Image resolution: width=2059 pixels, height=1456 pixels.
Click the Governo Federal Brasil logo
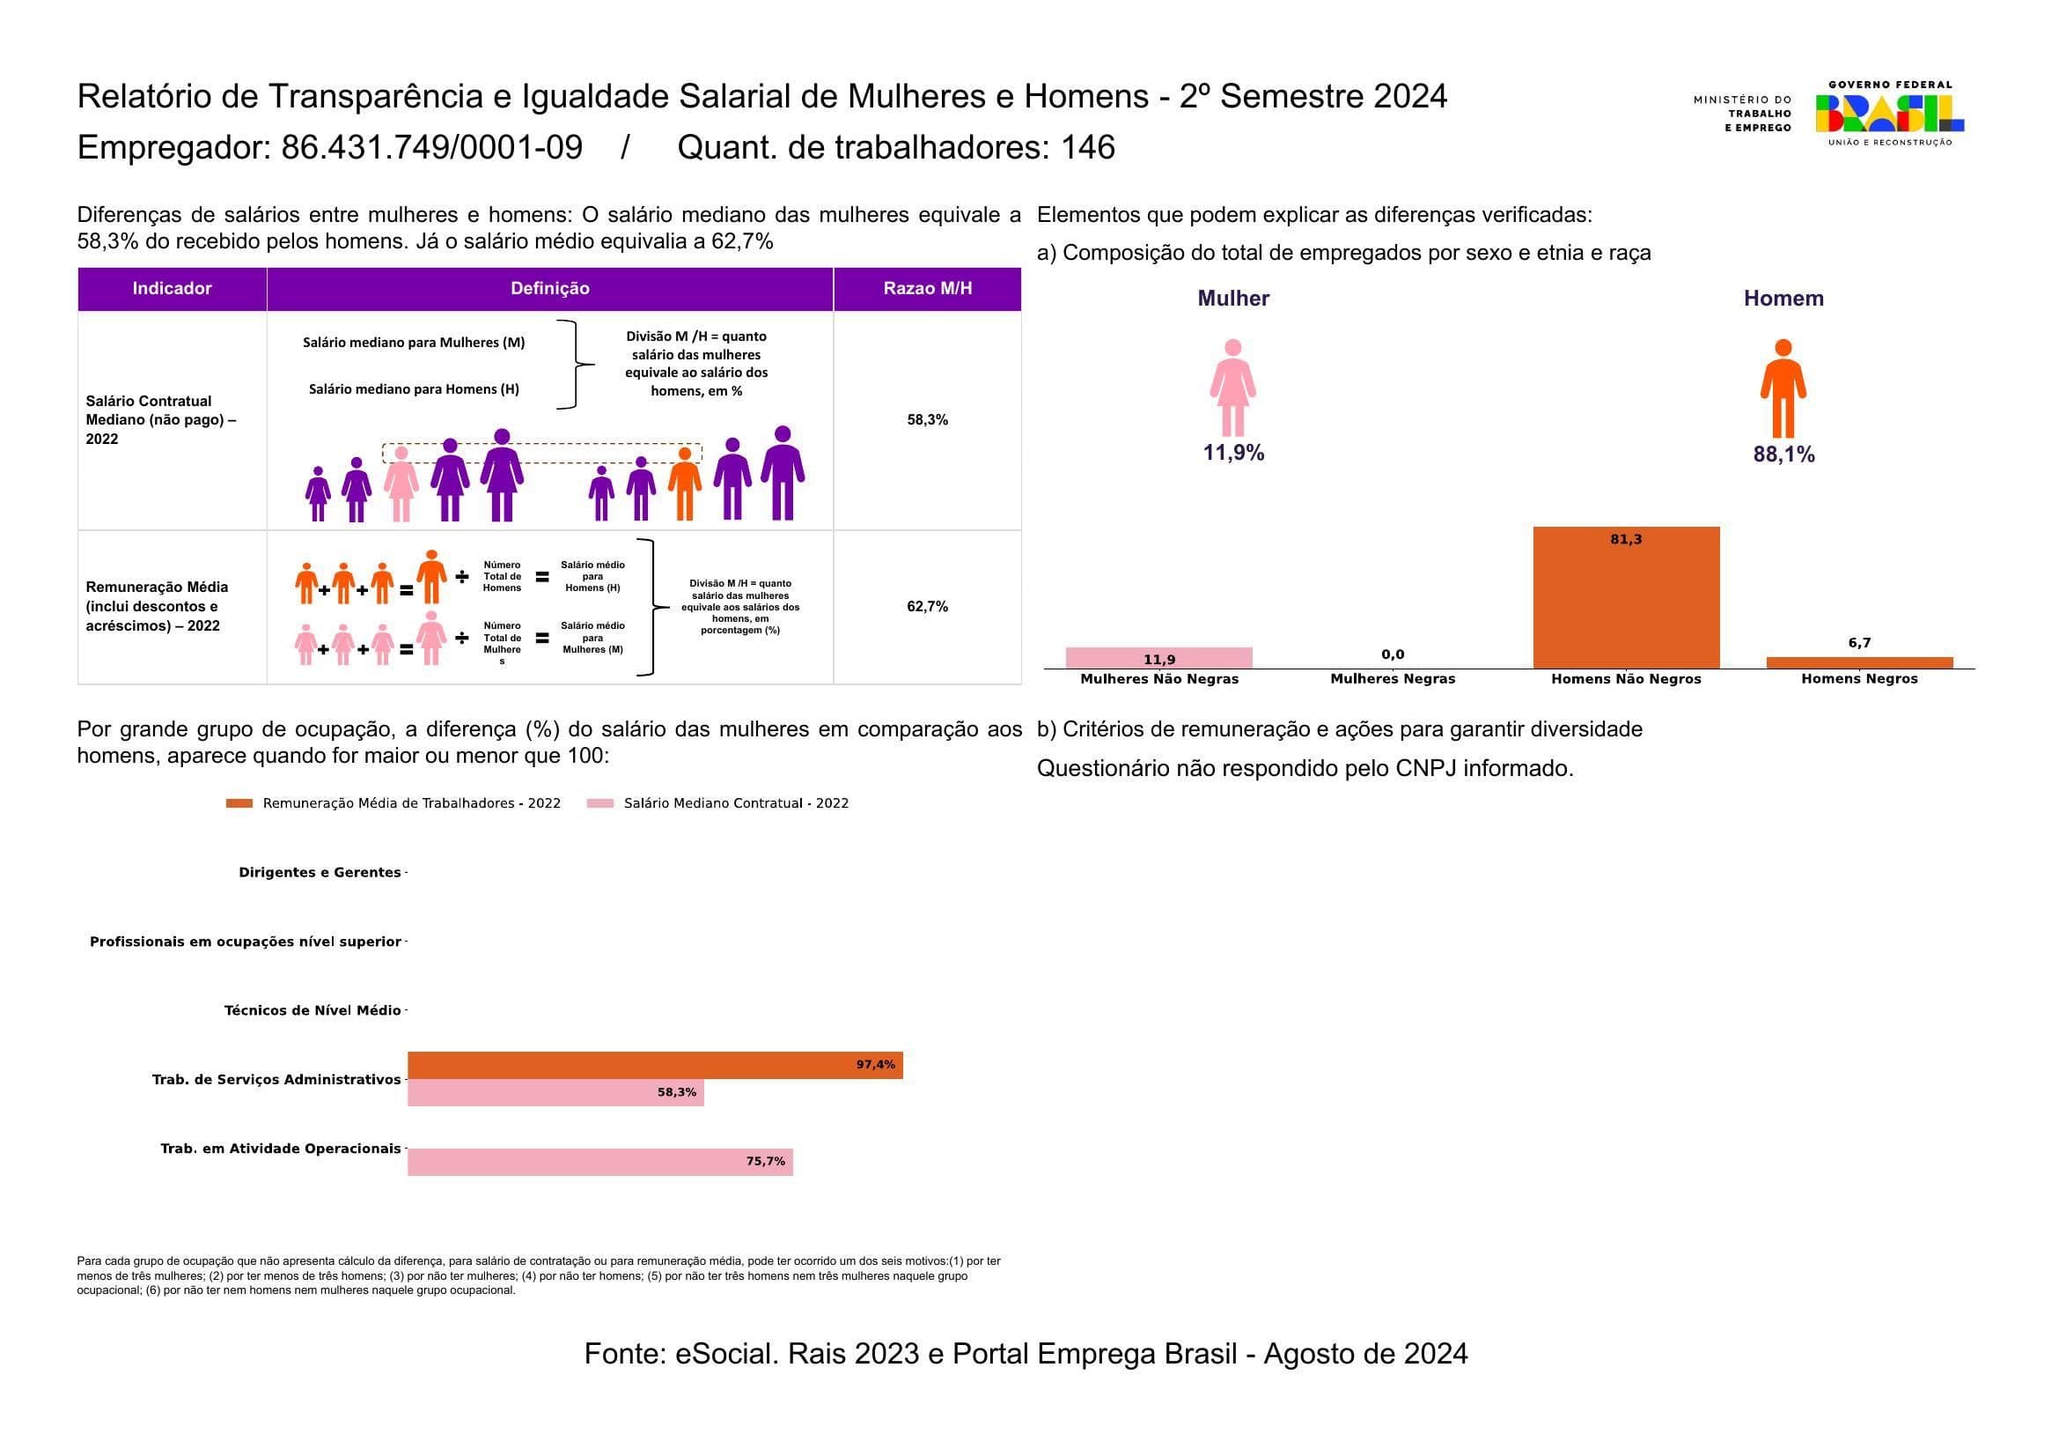(x=1889, y=114)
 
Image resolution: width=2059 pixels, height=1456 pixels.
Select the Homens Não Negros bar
(x=1626, y=597)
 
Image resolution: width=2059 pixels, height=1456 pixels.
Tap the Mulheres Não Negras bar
(x=1158, y=658)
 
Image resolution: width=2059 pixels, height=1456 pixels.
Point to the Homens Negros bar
(x=1859, y=663)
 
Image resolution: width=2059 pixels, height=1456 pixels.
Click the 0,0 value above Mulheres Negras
(x=1393, y=654)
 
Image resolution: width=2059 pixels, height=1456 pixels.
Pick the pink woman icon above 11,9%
(x=1233, y=388)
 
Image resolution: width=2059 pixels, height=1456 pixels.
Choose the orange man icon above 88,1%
(x=1783, y=388)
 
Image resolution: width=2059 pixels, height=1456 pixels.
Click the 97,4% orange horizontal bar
(x=655, y=1065)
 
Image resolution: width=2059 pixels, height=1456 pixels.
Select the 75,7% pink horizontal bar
(x=600, y=1162)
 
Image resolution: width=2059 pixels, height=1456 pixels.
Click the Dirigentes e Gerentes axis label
(x=320, y=873)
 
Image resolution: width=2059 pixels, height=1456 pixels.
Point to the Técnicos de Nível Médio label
(x=313, y=1011)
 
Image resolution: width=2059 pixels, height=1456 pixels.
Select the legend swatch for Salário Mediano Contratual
(x=600, y=804)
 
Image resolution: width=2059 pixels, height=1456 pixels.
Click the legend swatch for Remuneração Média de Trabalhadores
(x=239, y=804)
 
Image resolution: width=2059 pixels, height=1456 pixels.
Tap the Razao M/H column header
(x=927, y=289)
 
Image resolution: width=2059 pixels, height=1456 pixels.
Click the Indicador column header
(x=173, y=289)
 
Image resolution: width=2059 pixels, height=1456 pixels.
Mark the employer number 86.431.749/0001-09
(x=431, y=148)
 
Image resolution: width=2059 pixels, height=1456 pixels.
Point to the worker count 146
(x=1088, y=148)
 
